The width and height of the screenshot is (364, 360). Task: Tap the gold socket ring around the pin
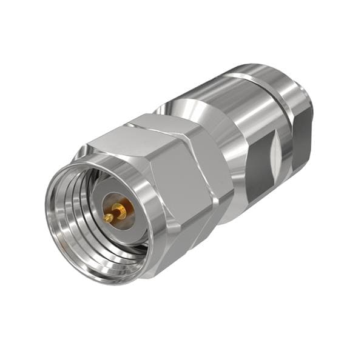pyautogui.click(x=121, y=209)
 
